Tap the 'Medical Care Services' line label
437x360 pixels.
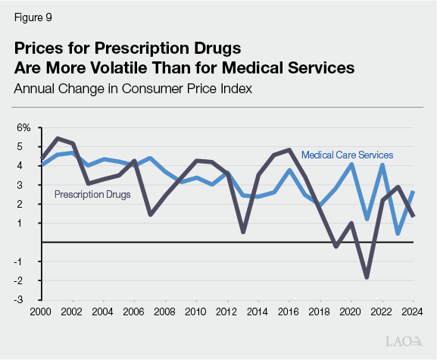point(347,155)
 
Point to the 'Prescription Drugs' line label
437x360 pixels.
point(92,194)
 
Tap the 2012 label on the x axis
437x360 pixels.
point(228,311)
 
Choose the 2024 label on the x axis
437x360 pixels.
point(413,311)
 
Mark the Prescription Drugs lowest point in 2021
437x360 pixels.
point(367,277)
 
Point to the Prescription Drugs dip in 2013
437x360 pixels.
point(243,232)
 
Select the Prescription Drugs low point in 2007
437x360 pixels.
point(151,214)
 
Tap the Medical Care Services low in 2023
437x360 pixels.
point(398,234)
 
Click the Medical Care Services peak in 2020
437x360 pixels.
point(351,164)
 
